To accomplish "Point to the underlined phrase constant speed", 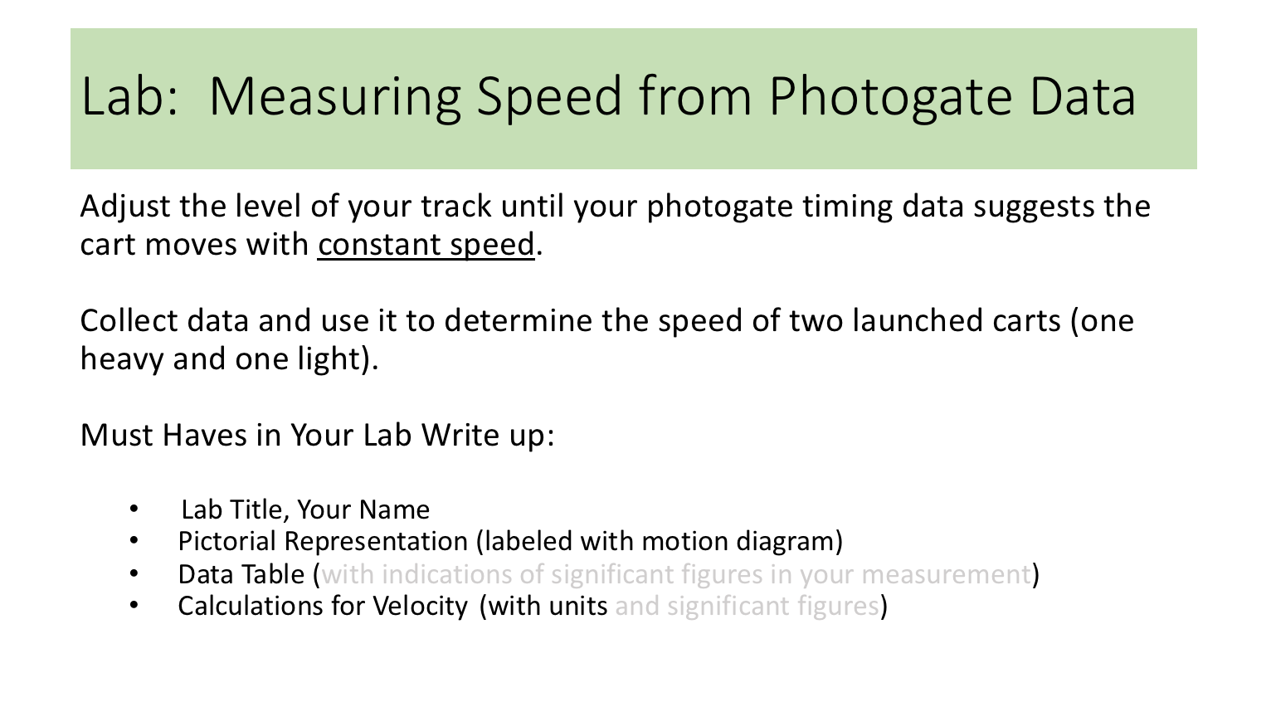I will (426, 245).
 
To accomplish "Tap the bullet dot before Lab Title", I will (134, 509).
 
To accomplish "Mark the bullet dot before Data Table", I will (134, 574).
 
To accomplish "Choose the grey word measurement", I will (945, 574).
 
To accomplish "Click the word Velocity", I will (420, 607).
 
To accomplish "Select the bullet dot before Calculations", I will (134, 607).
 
